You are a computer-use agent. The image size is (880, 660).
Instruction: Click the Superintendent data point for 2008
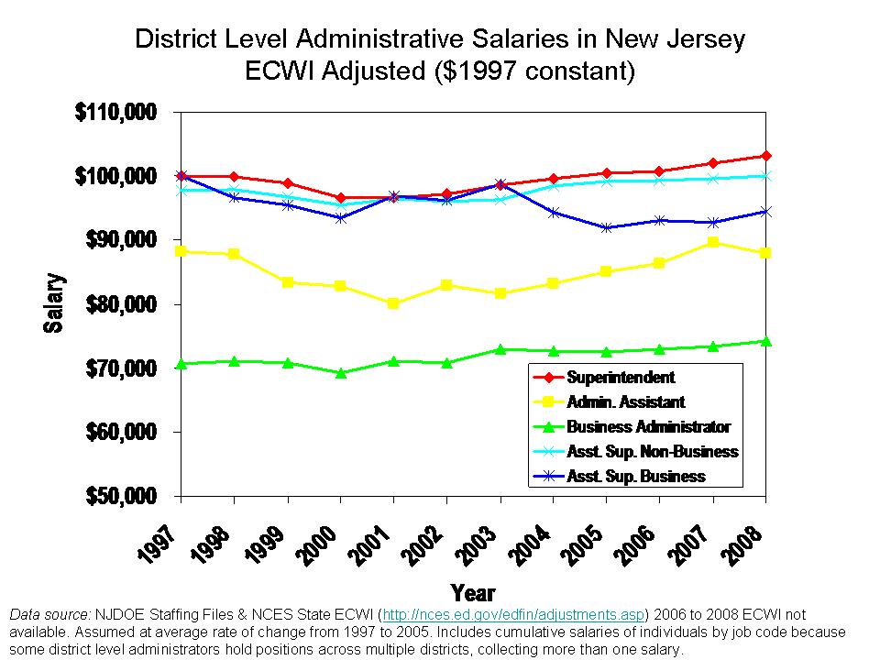tap(765, 156)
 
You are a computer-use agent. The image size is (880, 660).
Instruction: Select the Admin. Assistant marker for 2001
tap(393, 303)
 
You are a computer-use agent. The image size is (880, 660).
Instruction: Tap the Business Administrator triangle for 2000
tap(341, 373)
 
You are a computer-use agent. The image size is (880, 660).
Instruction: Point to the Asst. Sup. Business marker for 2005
tap(606, 227)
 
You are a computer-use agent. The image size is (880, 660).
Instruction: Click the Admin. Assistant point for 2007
tap(712, 242)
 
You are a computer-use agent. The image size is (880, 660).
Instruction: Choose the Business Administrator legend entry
tap(648, 426)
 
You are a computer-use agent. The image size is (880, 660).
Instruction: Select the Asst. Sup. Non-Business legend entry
tap(652, 451)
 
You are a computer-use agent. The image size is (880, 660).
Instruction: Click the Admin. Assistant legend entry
tap(625, 401)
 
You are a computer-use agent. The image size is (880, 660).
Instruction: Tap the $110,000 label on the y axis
tap(115, 112)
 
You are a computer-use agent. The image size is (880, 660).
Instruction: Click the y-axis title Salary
tap(54, 303)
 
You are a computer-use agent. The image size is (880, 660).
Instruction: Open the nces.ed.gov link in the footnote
tap(513, 613)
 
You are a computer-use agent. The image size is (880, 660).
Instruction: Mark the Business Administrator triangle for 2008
tap(765, 341)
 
